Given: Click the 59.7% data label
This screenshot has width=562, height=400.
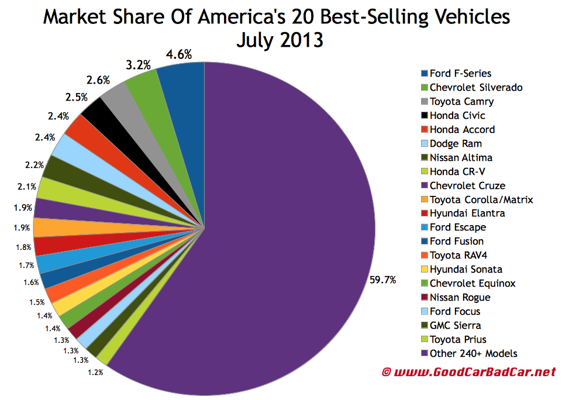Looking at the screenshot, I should (x=382, y=280).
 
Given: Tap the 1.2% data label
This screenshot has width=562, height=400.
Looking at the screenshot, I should (x=95, y=371).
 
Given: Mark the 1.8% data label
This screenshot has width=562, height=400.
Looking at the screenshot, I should (x=23, y=247).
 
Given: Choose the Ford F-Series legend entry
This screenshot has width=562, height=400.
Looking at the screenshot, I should (x=460, y=74).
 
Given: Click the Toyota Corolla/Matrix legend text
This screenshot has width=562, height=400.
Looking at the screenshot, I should (x=481, y=199).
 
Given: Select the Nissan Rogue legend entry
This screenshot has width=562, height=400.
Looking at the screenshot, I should (x=460, y=297).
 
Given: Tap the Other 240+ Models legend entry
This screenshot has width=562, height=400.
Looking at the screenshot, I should (x=473, y=353).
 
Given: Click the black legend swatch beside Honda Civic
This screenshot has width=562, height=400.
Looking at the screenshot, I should (x=424, y=116).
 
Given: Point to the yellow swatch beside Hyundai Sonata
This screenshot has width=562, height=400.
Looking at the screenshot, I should (x=424, y=270).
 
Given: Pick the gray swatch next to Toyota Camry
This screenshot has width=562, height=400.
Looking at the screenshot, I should (x=424, y=102).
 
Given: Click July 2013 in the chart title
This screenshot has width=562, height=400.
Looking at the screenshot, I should (x=280, y=41).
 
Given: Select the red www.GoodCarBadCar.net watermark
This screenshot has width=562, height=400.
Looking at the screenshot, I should (x=468, y=371).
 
